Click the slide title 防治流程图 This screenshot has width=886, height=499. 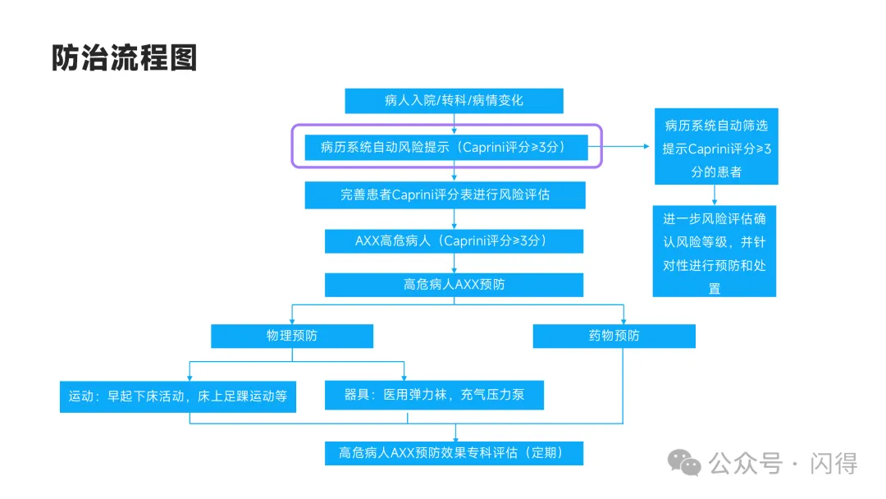click(x=125, y=57)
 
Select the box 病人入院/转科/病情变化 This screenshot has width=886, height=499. click(x=454, y=101)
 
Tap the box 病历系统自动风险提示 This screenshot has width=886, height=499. click(x=445, y=148)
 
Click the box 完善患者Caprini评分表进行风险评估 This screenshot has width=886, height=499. click(x=445, y=195)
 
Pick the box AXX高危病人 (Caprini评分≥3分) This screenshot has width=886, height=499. click(x=454, y=241)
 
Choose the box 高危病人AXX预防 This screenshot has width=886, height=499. click(x=454, y=285)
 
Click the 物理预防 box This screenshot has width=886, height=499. click(x=291, y=336)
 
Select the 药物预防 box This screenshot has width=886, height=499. click(x=614, y=336)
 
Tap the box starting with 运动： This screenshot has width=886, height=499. click(x=177, y=396)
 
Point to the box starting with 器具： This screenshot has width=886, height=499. click(x=434, y=395)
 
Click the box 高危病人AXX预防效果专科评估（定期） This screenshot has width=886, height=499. click(x=454, y=453)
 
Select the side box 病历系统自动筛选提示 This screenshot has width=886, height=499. click(x=716, y=146)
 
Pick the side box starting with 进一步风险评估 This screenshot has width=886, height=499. click(x=715, y=251)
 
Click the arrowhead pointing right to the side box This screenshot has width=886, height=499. click(x=646, y=146)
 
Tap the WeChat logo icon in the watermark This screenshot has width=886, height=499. click(x=684, y=463)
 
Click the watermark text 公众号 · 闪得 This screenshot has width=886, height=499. click(x=783, y=464)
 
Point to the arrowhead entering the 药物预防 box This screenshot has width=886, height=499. click(x=623, y=321)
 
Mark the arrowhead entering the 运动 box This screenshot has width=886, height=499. click(x=190, y=378)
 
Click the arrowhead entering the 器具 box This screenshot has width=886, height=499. click(x=404, y=378)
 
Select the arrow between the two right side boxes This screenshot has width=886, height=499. click(x=715, y=195)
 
